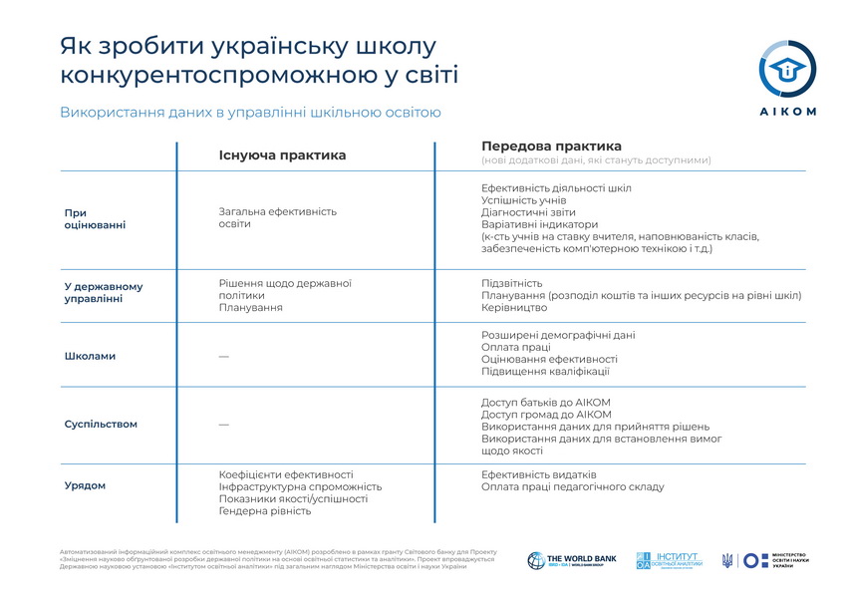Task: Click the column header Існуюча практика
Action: tap(282, 155)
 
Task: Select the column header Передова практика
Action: tap(551, 147)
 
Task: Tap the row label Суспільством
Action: tap(101, 425)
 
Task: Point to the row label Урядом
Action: tap(85, 486)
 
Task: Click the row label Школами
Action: tap(90, 356)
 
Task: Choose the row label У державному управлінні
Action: tap(103, 293)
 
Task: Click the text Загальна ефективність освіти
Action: tap(278, 217)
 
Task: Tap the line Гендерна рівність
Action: tap(265, 511)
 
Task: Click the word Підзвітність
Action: tap(511, 283)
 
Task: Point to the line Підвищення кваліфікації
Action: tap(545, 372)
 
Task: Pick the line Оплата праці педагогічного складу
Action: tap(572, 487)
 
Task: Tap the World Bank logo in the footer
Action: tap(572, 560)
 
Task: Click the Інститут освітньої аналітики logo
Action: tap(670, 560)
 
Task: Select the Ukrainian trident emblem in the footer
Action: tap(727, 560)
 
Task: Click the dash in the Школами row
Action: tap(223, 356)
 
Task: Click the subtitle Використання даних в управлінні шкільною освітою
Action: tap(250, 113)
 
